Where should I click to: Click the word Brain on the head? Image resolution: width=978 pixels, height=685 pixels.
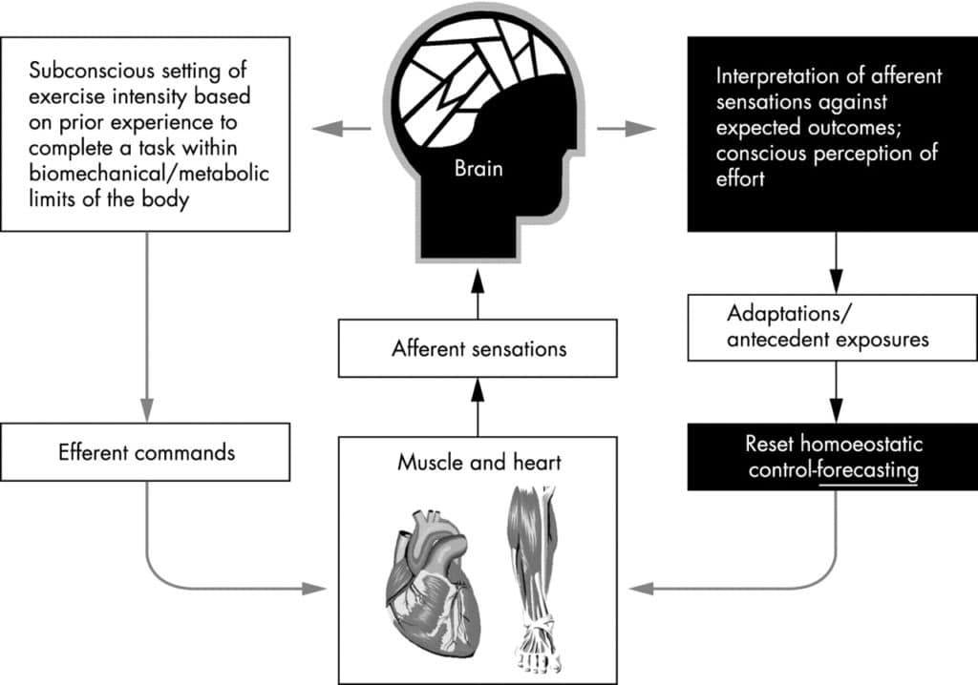tap(478, 173)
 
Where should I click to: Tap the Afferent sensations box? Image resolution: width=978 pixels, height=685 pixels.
tap(478, 348)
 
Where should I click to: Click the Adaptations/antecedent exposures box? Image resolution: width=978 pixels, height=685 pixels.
tap(830, 327)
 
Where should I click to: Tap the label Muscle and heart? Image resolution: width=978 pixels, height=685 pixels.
tap(478, 464)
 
